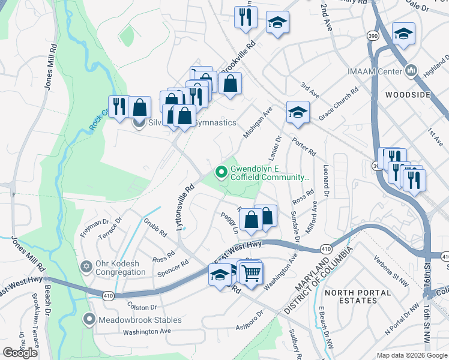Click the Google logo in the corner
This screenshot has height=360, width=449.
pyautogui.click(x=20, y=352)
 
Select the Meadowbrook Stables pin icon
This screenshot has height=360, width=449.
pyautogui.click(x=89, y=320)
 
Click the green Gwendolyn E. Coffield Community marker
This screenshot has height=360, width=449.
pyautogui.click(x=221, y=173)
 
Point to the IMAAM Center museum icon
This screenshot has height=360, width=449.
pyautogui.click(x=412, y=71)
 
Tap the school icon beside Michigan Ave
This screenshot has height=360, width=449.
pyautogui.click(x=298, y=112)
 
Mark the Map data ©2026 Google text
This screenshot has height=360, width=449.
pyautogui.click(x=411, y=355)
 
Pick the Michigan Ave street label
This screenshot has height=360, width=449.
pyautogui.click(x=258, y=124)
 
